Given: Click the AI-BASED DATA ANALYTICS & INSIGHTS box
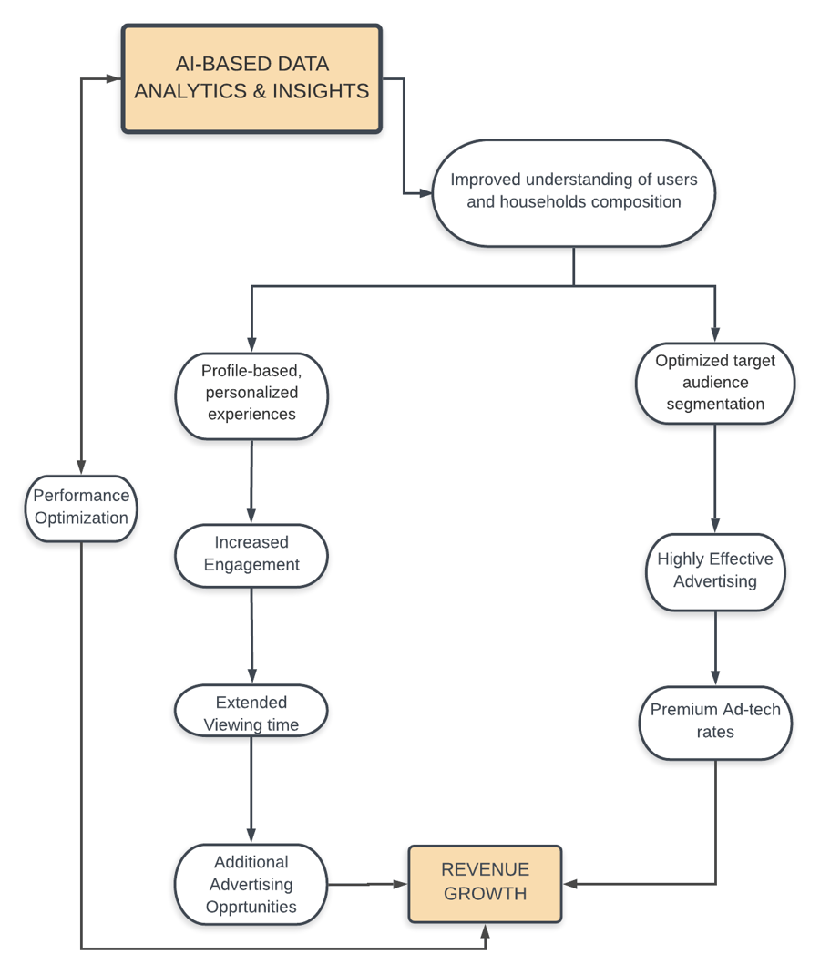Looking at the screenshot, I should click(x=251, y=78).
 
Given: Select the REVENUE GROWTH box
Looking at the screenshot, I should click(x=485, y=883).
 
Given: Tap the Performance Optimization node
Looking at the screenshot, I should click(x=81, y=508).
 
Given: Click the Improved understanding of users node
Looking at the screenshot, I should click(x=573, y=191).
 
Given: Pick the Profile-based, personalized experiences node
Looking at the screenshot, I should click(x=251, y=393).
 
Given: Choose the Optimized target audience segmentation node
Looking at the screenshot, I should click(x=715, y=383).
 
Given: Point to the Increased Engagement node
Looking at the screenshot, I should click(x=251, y=554).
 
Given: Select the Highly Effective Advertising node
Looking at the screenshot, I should click(x=715, y=570).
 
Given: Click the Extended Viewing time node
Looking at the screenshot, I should click(x=251, y=713).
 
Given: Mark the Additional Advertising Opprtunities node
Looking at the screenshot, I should click(x=251, y=884).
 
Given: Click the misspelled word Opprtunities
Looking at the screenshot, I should click(x=251, y=907).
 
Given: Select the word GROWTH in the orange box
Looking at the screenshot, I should click(x=485, y=894).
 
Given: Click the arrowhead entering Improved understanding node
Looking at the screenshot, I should click(x=425, y=193).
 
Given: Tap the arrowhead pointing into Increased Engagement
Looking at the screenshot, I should click(x=251, y=517).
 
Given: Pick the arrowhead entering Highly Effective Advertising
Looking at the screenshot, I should click(x=715, y=526).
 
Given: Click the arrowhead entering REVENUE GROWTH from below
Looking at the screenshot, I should click(x=485, y=930).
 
